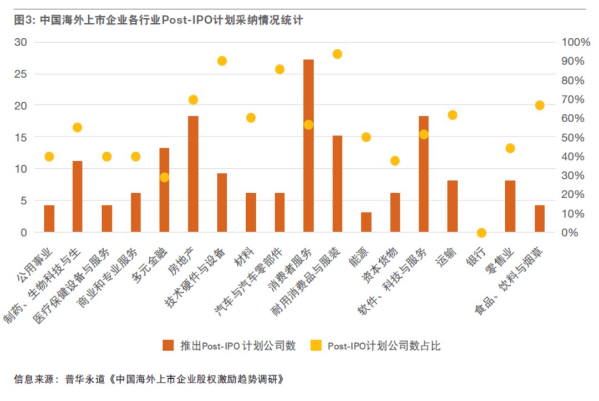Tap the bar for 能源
point(366,222)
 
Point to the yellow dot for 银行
point(481,233)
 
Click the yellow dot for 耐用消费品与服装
point(337,54)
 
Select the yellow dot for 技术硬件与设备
point(222,61)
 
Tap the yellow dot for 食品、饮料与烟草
point(539,106)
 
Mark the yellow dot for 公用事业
point(49,157)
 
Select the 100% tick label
point(576,42)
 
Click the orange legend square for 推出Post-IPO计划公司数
point(169,345)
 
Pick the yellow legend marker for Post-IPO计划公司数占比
point(315,345)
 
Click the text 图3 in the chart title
point(23,21)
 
